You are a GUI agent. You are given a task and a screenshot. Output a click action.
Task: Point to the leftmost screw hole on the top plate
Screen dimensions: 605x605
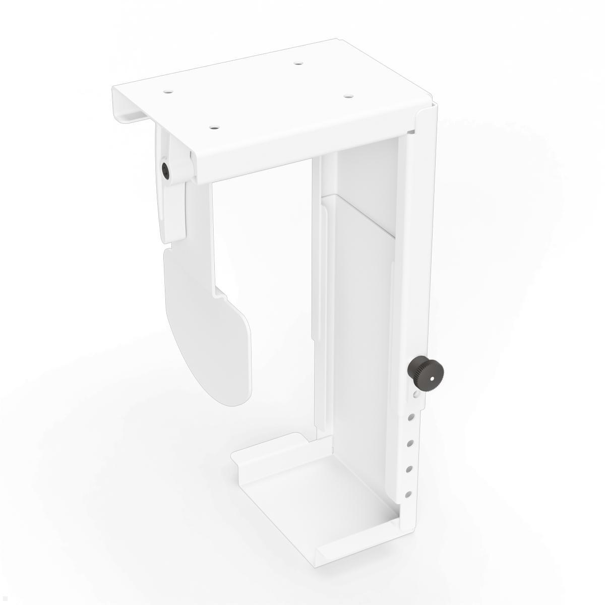(167, 92)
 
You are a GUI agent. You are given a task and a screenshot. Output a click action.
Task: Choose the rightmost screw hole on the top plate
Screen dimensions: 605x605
(347, 95)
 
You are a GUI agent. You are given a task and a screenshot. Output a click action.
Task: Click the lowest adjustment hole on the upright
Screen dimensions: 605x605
(409, 494)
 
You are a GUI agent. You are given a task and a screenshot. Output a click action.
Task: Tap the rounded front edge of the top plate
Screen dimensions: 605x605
(313, 146)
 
